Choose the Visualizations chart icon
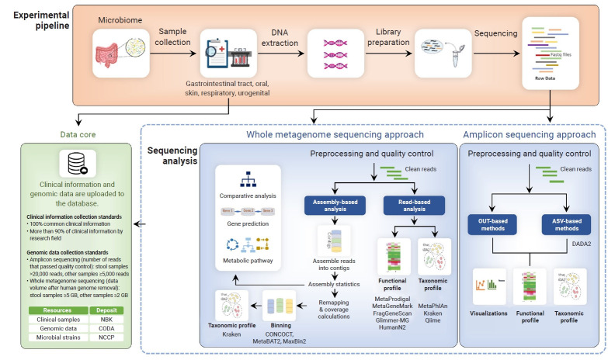pos(488,290)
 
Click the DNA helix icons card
pos(336,54)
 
